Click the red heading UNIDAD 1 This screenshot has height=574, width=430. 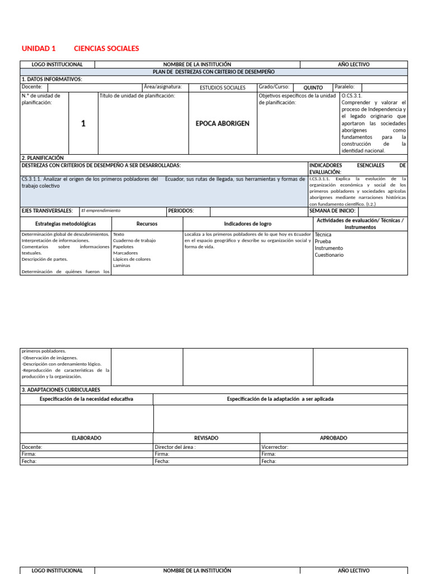(39, 49)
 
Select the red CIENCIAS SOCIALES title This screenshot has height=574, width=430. (106, 49)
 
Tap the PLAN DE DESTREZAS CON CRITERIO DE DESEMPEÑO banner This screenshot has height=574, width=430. (214, 72)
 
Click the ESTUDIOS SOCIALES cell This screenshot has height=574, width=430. (222, 88)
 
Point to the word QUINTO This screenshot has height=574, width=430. (313, 88)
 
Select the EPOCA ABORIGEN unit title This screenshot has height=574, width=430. (222, 123)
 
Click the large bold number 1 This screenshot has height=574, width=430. (83, 123)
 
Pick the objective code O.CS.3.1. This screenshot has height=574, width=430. (352, 96)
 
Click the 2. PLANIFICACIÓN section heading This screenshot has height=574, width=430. (43, 158)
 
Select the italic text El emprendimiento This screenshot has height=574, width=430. (101, 211)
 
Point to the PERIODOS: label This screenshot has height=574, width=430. (180, 211)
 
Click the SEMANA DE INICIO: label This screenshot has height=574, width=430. (332, 211)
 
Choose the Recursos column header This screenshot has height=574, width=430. (147, 224)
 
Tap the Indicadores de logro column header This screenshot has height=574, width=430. (247, 224)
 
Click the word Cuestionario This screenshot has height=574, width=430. (329, 255)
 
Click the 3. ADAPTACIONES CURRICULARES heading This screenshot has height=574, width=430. (61, 390)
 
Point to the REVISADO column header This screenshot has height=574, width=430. (206, 438)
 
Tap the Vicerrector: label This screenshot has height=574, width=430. (274, 447)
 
